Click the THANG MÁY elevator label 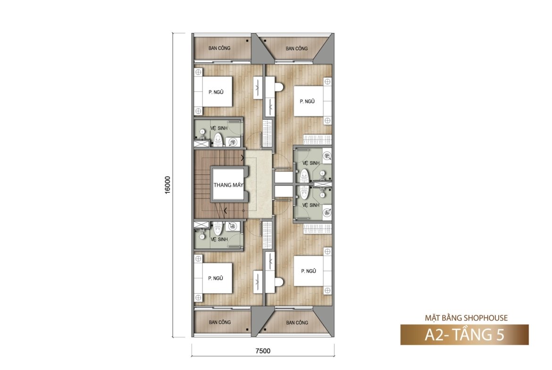(x=228, y=185)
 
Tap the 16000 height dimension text (x=167, y=185)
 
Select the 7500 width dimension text (x=263, y=351)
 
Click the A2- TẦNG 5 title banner (x=464, y=335)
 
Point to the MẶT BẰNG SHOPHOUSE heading (x=466, y=318)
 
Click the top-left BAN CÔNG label (x=219, y=48)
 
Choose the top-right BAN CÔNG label (x=296, y=49)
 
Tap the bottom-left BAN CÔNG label (x=220, y=322)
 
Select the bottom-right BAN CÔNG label (x=297, y=322)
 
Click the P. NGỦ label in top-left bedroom (x=216, y=92)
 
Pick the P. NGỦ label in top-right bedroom (x=307, y=101)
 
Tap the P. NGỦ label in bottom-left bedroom (x=216, y=278)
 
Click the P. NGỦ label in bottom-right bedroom (x=309, y=271)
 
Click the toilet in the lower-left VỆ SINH (x=218, y=229)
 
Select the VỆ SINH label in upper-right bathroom (x=311, y=163)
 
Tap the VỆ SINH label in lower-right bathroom (x=311, y=205)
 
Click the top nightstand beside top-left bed (x=198, y=72)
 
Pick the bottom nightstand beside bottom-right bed (x=327, y=290)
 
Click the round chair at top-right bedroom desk (x=280, y=87)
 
